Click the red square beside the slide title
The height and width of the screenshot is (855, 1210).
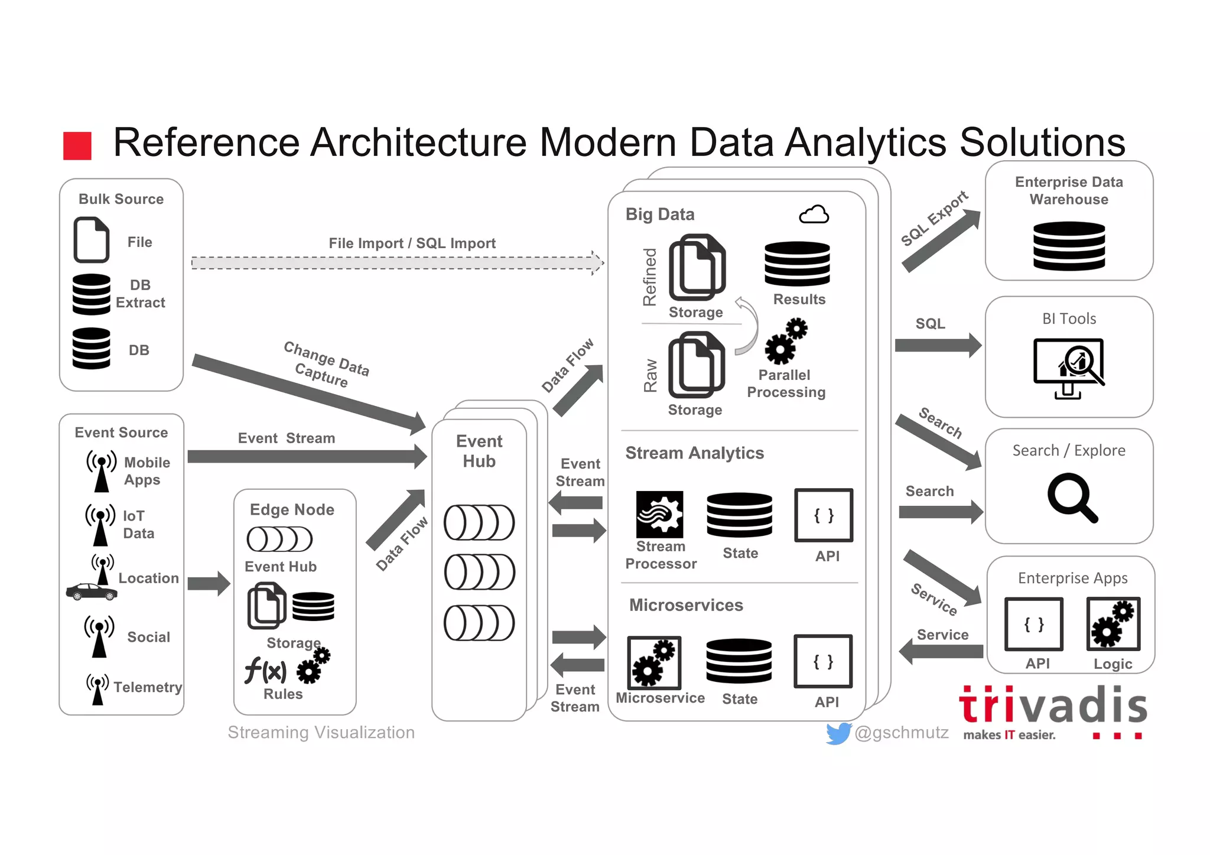pos(77,146)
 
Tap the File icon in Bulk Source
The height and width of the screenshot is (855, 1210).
pos(92,240)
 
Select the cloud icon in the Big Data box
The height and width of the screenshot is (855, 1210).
pos(814,214)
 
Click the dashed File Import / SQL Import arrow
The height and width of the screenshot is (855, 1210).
pos(396,263)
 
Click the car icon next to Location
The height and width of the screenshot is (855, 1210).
pos(91,591)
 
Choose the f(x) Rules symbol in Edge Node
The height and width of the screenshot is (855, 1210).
pos(265,671)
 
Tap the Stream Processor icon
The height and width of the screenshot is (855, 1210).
pos(659,514)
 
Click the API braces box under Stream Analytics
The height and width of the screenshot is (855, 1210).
pos(824,515)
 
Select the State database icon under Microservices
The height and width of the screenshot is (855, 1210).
pos(739,661)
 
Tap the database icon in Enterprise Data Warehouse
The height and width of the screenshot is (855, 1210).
pos(1069,246)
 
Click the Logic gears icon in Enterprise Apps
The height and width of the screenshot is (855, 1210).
pos(1113,624)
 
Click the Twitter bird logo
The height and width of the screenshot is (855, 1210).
pos(838,733)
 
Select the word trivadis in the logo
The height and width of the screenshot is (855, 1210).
pos(1053,706)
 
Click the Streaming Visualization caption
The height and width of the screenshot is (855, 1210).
pos(321,733)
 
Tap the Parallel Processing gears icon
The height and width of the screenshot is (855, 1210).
pos(786,342)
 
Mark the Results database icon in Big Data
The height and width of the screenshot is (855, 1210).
pos(797,264)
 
